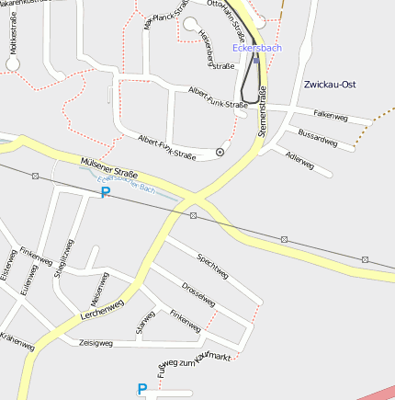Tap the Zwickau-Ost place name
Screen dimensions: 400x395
click(x=329, y=85)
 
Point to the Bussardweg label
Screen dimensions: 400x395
click(x=319, y=139)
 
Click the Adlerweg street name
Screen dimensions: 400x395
click(x=299, y=162)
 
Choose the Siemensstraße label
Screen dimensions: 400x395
click(x=262, y=111)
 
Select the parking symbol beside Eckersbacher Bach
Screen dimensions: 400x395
click(x=105, y=193)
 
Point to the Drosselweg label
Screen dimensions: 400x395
click(x=198, y=295)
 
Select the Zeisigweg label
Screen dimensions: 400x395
click(x=96, y=342)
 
